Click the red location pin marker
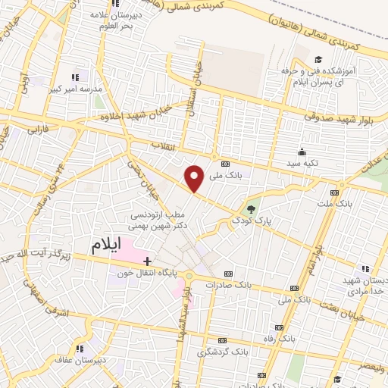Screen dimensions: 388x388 tap(195, 178)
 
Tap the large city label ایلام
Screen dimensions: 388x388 tap(108, 246)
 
